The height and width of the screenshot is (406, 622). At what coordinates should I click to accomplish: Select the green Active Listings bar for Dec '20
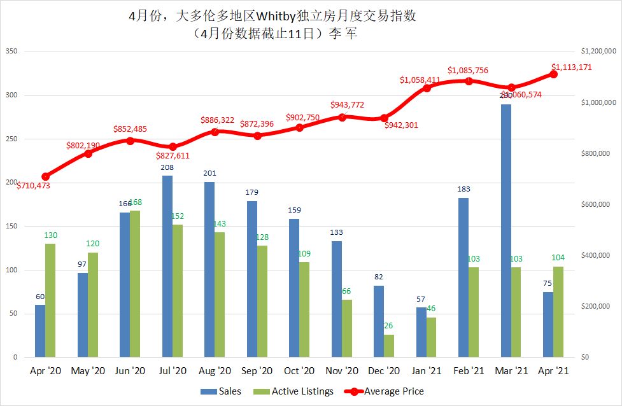[x=389, y=346]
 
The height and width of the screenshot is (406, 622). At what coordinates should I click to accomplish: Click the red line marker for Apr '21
[x=553, y=74]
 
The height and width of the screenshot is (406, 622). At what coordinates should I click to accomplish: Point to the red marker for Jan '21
[x=427, y=88]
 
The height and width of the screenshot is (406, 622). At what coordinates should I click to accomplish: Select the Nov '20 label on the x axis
[x=342, y=370]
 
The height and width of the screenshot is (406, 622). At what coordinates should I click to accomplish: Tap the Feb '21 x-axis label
[x=469, y=370]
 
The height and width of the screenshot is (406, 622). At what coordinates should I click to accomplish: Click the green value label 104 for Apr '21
[x=559, y=257]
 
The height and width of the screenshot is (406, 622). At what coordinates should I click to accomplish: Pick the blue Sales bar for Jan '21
[x=421, y=332]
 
